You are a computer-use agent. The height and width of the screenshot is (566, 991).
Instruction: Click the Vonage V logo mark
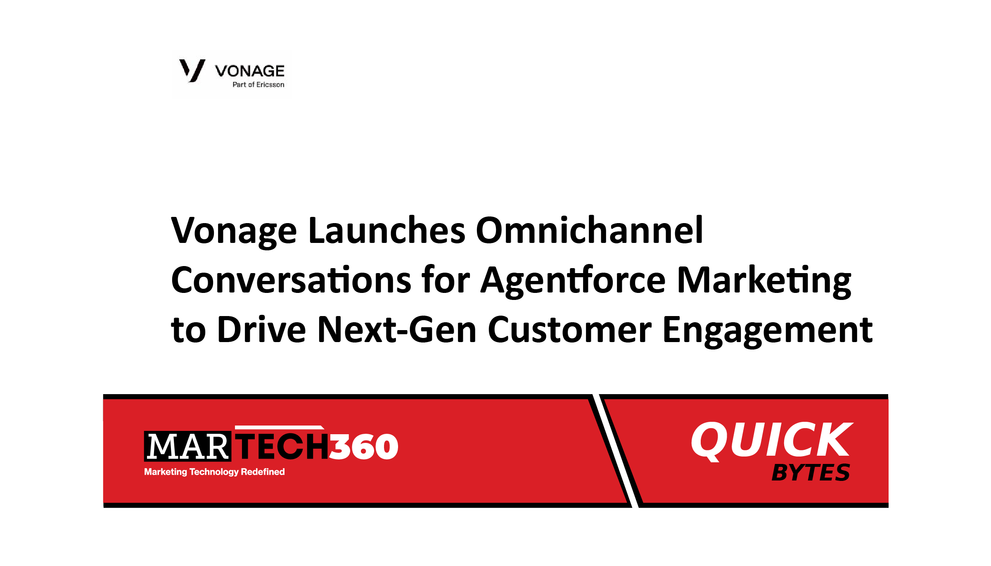pos(192,70)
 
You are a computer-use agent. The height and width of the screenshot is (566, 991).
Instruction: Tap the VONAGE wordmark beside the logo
pos(250,71)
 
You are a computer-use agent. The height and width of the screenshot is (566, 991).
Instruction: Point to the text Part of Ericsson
pos(258,85)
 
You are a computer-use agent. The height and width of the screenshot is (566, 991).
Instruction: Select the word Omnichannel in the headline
pos(589,230)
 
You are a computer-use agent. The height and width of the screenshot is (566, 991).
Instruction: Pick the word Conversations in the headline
pos(291,280)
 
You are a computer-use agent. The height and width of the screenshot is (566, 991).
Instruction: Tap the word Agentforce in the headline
pos(574,281)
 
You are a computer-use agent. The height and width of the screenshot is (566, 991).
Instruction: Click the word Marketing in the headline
pos(764,281)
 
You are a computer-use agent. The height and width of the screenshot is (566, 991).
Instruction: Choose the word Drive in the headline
pos(261,329)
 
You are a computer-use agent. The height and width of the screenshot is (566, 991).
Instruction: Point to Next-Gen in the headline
pos(397,329)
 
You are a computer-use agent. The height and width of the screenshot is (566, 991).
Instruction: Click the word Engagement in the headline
pos(768,331)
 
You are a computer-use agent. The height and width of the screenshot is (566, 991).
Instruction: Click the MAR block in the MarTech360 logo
pos(187,446)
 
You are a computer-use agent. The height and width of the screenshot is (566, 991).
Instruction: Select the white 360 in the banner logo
pos(363,447)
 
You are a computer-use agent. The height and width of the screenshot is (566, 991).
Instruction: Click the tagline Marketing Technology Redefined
pos(214,472)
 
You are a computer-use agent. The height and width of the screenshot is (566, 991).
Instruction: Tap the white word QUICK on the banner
pos(772,440)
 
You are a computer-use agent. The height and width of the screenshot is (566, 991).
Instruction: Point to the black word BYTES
pos(811,473)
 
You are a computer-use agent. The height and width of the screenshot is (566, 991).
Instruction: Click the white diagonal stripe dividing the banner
pos(616,451)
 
